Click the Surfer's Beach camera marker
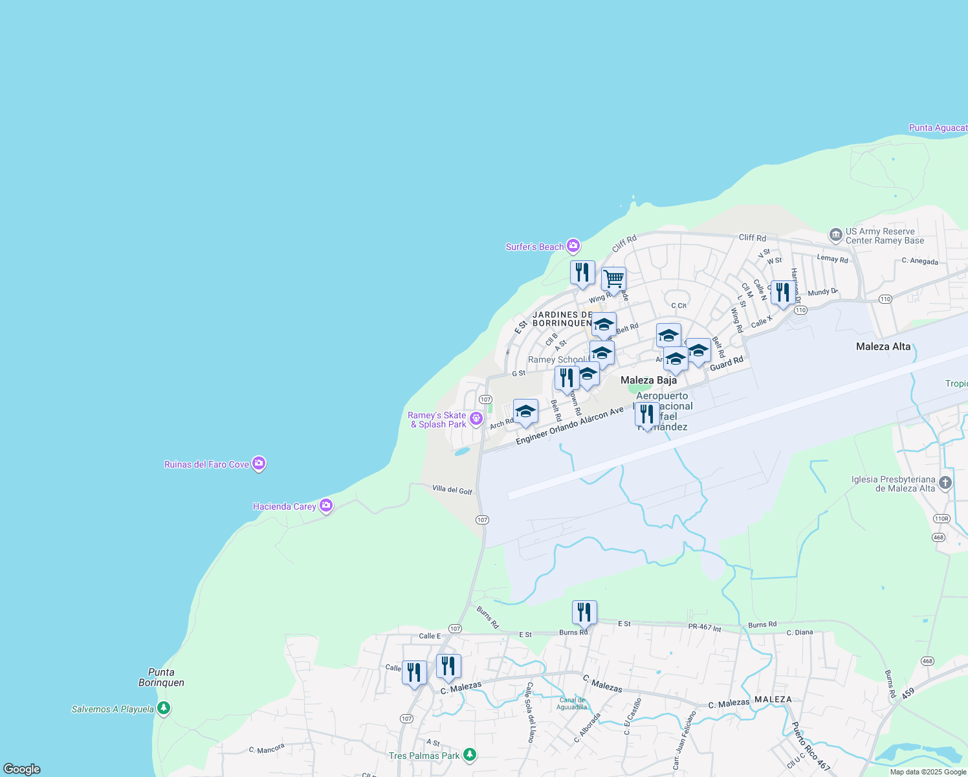573,246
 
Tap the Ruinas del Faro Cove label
206,464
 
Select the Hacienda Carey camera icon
326,506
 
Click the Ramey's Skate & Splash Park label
438,420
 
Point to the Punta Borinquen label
161,677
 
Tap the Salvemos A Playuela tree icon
164,708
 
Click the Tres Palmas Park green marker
470,755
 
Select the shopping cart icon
613,280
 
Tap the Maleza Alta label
883,346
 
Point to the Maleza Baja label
648,380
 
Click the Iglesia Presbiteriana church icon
945,482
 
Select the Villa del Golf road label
452,490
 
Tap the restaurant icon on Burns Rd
584,612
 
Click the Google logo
22,769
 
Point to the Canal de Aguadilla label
572,703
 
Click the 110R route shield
941,518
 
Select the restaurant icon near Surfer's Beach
582,273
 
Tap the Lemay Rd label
832,258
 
